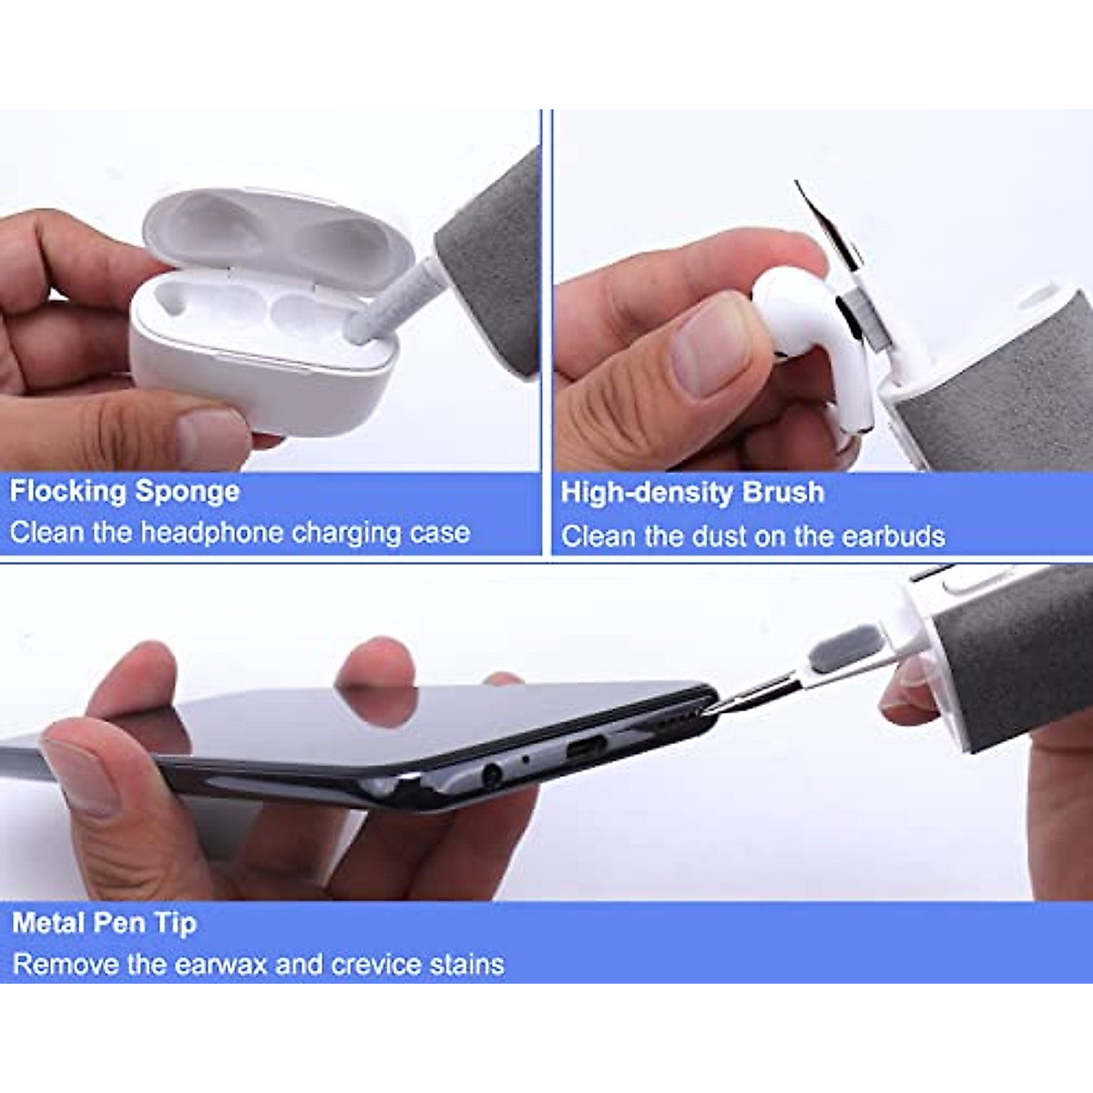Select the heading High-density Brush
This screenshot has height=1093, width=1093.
(692, 493)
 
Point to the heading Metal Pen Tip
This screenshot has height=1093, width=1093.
(104, 923)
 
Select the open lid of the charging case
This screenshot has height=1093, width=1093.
(273, 232)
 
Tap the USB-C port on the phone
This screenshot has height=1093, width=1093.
(588, 751)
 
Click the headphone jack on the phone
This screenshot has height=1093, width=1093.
(491, 775)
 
